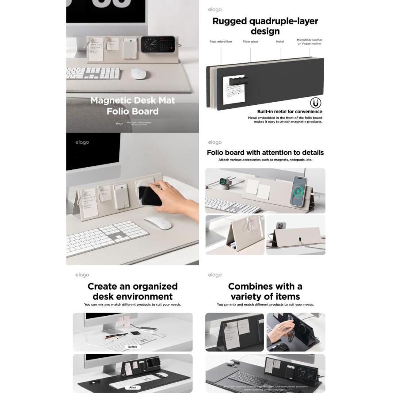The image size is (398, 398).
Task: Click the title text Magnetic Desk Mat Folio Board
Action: [133, 106]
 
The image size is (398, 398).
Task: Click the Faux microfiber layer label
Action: [221, 42]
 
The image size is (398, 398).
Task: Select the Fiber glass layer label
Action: [250, 42]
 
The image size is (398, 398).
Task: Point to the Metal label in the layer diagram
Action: [280, 42]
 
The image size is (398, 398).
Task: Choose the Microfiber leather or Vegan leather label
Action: [310, 42]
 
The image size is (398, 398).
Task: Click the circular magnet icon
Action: [315, 103]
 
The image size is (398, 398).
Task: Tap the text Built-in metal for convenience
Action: [290, 112]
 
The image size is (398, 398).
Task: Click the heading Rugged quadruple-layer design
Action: [265, 26]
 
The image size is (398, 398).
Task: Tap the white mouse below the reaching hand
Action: [158, 223]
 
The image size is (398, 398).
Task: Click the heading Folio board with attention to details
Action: [265, 153]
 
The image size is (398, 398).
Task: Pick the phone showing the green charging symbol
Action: [298, 191]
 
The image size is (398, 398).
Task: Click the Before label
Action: [133, 347]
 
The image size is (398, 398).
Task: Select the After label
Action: [133, 387]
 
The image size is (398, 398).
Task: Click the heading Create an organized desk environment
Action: [133, 291]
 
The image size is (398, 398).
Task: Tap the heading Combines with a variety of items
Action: [265, 291]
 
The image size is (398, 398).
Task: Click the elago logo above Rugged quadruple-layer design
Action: [215, 10]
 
